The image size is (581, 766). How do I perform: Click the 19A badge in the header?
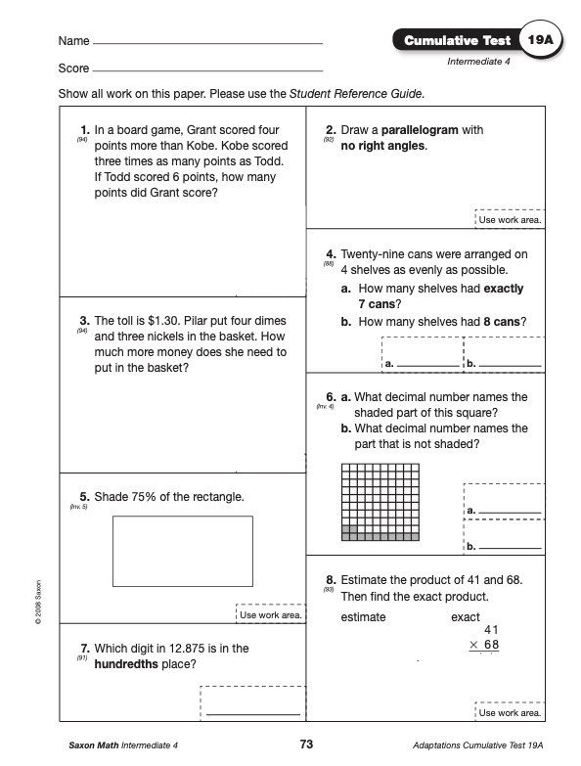(540, 39)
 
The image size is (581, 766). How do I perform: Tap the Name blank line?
(207, 43)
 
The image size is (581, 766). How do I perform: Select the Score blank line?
(207, 70)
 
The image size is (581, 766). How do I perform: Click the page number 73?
(306, 744)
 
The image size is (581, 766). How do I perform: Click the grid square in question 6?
(380, 502)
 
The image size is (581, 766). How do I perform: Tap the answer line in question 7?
(253, 715)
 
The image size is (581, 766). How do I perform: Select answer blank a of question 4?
(428, 366)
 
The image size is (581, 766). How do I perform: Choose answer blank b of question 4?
(511, 366)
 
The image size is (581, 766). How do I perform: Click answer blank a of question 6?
(511, 513)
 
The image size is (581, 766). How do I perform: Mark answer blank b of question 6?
(511, 548)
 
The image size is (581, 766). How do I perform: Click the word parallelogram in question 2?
(420, 130)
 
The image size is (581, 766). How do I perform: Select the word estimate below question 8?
(363, 617)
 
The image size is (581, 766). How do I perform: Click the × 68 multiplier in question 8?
(484, 645)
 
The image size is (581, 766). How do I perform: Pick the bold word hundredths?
(126, 664)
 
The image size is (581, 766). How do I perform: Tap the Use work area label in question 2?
(510, 220)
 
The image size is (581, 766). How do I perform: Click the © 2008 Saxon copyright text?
(38, 602)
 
